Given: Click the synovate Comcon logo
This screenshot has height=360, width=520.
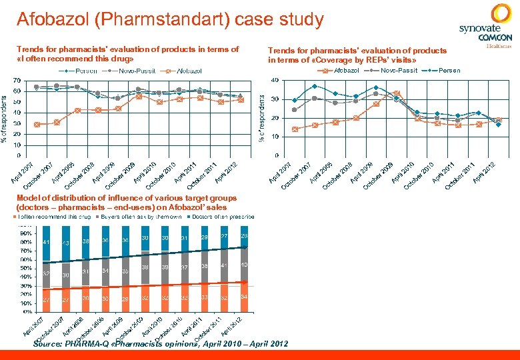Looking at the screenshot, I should coord(486,26).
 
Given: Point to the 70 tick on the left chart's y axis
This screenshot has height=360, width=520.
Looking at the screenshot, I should coord(16,81).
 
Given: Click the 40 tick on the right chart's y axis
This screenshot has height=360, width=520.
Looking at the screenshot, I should coord(275,81).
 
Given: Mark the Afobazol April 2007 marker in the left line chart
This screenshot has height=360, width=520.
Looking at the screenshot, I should coord(37,124).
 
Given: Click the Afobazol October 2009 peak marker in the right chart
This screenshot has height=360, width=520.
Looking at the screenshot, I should coord(397,93).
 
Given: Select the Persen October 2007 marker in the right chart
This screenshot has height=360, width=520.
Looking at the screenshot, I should coord(315,86).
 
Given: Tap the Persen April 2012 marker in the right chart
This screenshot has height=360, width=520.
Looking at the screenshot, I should coord(499,125).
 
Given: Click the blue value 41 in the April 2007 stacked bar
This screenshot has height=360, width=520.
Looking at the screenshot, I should coord(45,241).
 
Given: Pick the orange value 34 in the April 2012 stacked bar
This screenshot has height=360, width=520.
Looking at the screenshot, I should coord(245,297).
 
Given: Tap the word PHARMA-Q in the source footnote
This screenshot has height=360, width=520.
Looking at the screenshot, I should coord(91,344).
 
